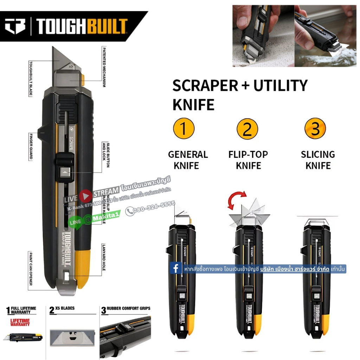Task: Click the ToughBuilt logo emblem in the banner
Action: point(15,26)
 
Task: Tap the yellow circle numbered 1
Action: point(184,129)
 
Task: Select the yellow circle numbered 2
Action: point(247,129)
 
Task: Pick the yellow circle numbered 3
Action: point(315,129)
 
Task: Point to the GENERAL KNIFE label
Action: point(188,160)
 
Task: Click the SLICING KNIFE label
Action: point(318,160)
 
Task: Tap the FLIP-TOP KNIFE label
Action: point(248,160)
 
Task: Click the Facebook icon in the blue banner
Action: point(175,269)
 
